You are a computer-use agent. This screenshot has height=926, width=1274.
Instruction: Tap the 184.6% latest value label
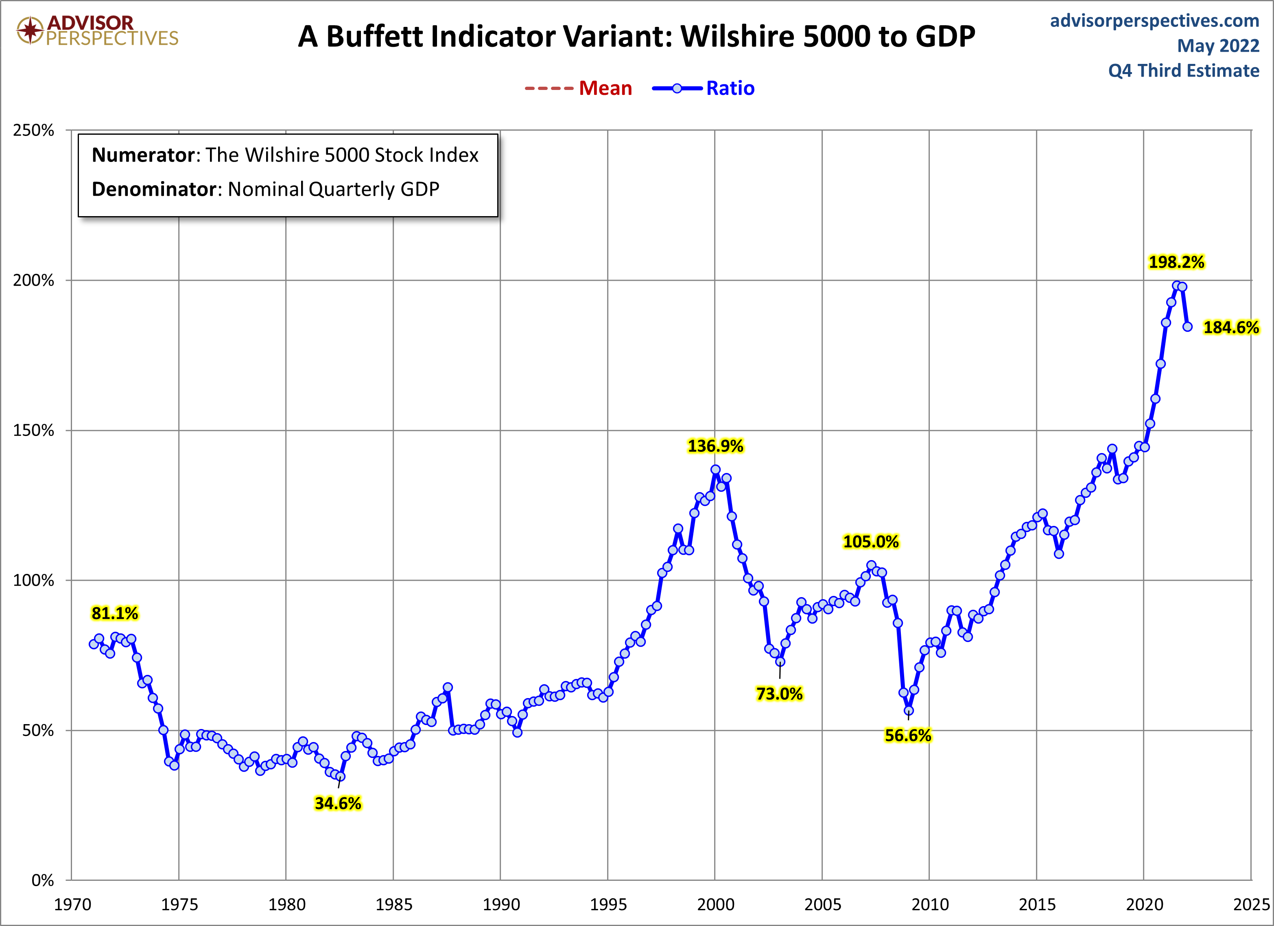pyautogui.click(x=1231, y=328)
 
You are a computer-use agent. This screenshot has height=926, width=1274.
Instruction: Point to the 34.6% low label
pyautogui.click(x=338, y=803)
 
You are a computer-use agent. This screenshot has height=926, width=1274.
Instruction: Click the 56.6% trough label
pyautogui.click(x=908, y=736)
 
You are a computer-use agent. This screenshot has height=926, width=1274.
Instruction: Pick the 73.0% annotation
pyautogui.click(x=779, y=694)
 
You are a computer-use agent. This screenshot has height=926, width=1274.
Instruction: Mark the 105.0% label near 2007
pyautogui.click(x=871, y=542)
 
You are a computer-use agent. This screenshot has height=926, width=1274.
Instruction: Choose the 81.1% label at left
pyautogui.click(x=115, y=613)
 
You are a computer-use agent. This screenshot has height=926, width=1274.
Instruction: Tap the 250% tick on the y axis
pyautogui.click(x=34, y=130)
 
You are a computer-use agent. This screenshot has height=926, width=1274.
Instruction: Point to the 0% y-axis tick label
pyautogui.click(x=43, y=880)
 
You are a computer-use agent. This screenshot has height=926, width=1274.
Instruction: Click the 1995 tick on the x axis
pyautogui.click(x=608, y=905)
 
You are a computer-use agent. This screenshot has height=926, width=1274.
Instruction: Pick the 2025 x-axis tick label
pyautogui.click(x=1251, y=905)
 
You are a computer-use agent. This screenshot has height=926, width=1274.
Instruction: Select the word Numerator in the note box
pyautogui.click(x=143, y=155)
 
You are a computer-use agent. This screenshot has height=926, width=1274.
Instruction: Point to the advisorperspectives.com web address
pyautogui.click(x=1154, y=21)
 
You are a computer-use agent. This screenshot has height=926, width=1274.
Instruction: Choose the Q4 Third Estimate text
pyautogui.click(x=1184, y=71)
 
